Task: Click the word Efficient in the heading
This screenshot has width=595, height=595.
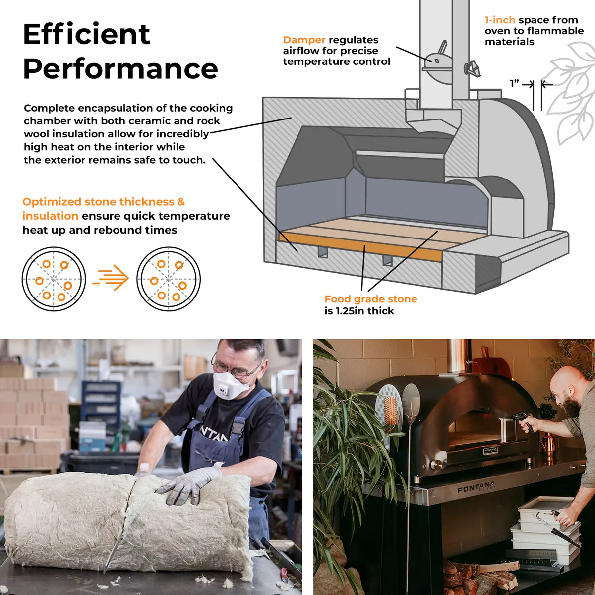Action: coord(86,34)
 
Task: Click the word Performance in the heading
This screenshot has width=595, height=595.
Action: coord(120,68)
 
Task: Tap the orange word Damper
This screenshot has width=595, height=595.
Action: coord(304,40)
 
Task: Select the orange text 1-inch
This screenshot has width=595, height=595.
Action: coord(500,20)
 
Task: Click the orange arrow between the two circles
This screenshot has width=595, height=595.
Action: coord(111,277)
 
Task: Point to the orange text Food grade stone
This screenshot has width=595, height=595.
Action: coord(371,299)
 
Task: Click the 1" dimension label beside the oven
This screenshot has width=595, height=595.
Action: coord(514,83)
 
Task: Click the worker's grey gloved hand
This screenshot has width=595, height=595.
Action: coord(188,483)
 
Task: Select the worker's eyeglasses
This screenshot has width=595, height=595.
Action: coord(236,370)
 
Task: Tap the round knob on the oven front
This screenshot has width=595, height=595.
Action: coord(437,464)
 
